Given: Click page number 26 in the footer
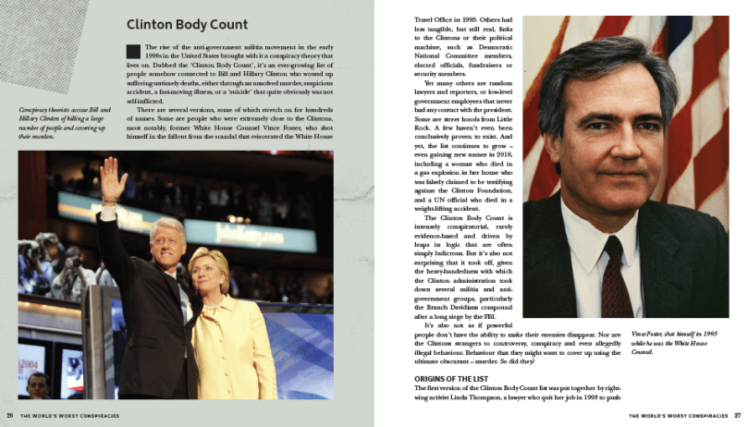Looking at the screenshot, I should point(9,416).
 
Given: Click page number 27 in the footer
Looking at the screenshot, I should point(738,416).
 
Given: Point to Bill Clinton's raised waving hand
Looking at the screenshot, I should point(113,177).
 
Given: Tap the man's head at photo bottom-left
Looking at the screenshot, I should point(36,384).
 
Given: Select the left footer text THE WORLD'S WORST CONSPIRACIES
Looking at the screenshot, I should point(69,416).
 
